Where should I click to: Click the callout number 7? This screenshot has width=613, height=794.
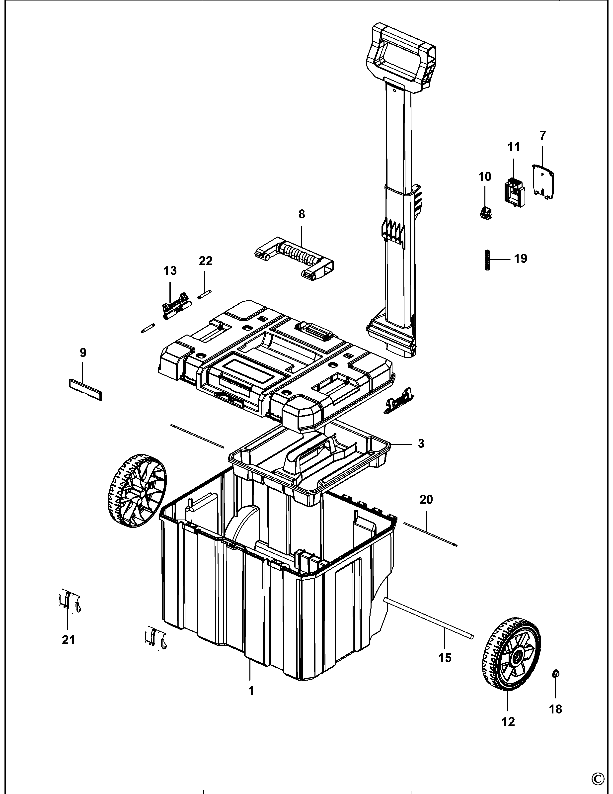(x=542, y=136)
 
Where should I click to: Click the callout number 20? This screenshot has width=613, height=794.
(x=426, y=500)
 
